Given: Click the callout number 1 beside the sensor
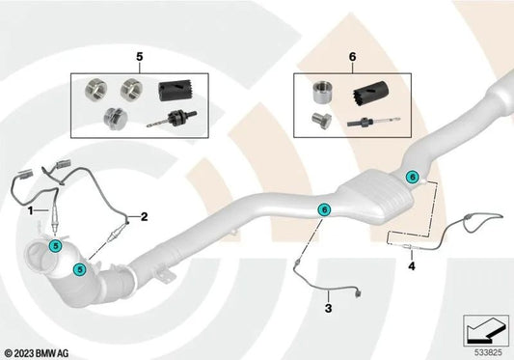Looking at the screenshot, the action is click(30, 210).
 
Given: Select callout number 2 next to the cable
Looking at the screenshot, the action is click(144, 216).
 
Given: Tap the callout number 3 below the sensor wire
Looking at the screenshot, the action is click(328, 308).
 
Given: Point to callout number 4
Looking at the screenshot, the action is click(412, 266).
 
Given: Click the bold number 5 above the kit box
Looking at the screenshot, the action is click(140, 57).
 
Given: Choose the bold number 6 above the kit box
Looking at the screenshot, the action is click(352, 57).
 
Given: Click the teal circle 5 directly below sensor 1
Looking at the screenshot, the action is click(55, 246).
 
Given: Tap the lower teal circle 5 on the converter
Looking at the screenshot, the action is click(79, 269).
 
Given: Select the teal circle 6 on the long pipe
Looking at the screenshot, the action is click(324, 209).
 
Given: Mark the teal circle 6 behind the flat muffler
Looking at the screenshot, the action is click(413, 178).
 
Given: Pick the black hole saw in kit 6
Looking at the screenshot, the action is click(371, 93).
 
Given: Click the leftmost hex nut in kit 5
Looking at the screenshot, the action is click(95, 90).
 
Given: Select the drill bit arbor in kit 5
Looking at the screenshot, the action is click(172, 119).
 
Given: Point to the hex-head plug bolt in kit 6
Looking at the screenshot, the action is click(320, 121).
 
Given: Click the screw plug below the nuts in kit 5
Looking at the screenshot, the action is click(114, 119).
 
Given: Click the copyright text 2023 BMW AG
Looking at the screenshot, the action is click(37, 353).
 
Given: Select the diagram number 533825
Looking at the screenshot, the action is click(488, 353).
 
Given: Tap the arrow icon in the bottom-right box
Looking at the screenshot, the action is click(485, 330).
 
